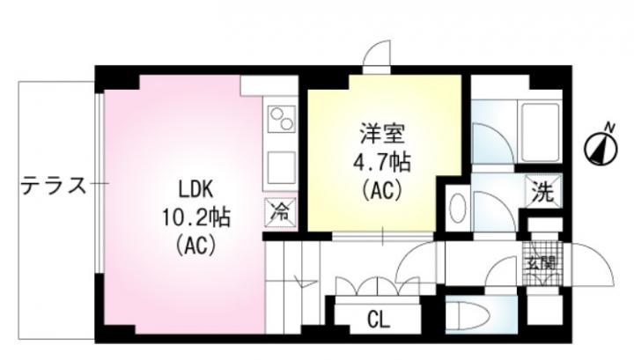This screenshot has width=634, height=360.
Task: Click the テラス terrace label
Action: (54, 186)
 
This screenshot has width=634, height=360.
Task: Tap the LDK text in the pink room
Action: (196, 189)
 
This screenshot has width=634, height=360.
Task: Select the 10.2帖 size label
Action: (196, 217)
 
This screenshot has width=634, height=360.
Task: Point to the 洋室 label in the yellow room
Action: (382, 134)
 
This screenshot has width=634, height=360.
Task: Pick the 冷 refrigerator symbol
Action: (280, 212)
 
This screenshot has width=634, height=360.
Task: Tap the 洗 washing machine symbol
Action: (543, 191)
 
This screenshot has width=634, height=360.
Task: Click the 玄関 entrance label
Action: (542, 263)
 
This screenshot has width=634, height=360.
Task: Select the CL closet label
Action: (379, 320)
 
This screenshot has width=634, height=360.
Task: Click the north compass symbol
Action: (601, 148)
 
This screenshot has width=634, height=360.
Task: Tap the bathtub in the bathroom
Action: (540, 133)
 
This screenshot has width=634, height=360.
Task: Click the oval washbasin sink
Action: (457, 208)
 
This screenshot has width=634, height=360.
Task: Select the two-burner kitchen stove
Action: (282, 118)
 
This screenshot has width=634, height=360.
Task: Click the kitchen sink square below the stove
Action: (282, 167)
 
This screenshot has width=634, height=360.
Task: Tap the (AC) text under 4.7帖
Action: (382, 189)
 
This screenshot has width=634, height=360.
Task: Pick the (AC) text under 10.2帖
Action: (195, 245)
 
